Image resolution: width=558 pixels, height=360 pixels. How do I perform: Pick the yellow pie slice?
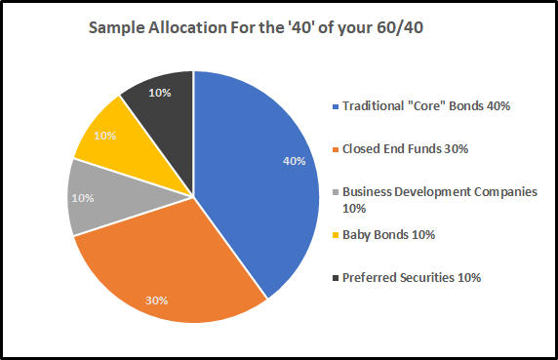pos(112,137)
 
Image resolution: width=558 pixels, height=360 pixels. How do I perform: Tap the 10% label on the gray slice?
pos(83,197)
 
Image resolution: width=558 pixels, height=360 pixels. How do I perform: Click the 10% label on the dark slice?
pos(157,93)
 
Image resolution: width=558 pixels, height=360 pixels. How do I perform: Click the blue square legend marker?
pos(334,105)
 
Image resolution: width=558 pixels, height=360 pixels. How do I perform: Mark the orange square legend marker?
pos(334,148)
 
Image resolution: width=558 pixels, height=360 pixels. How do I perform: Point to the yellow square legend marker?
pos(334,234)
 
